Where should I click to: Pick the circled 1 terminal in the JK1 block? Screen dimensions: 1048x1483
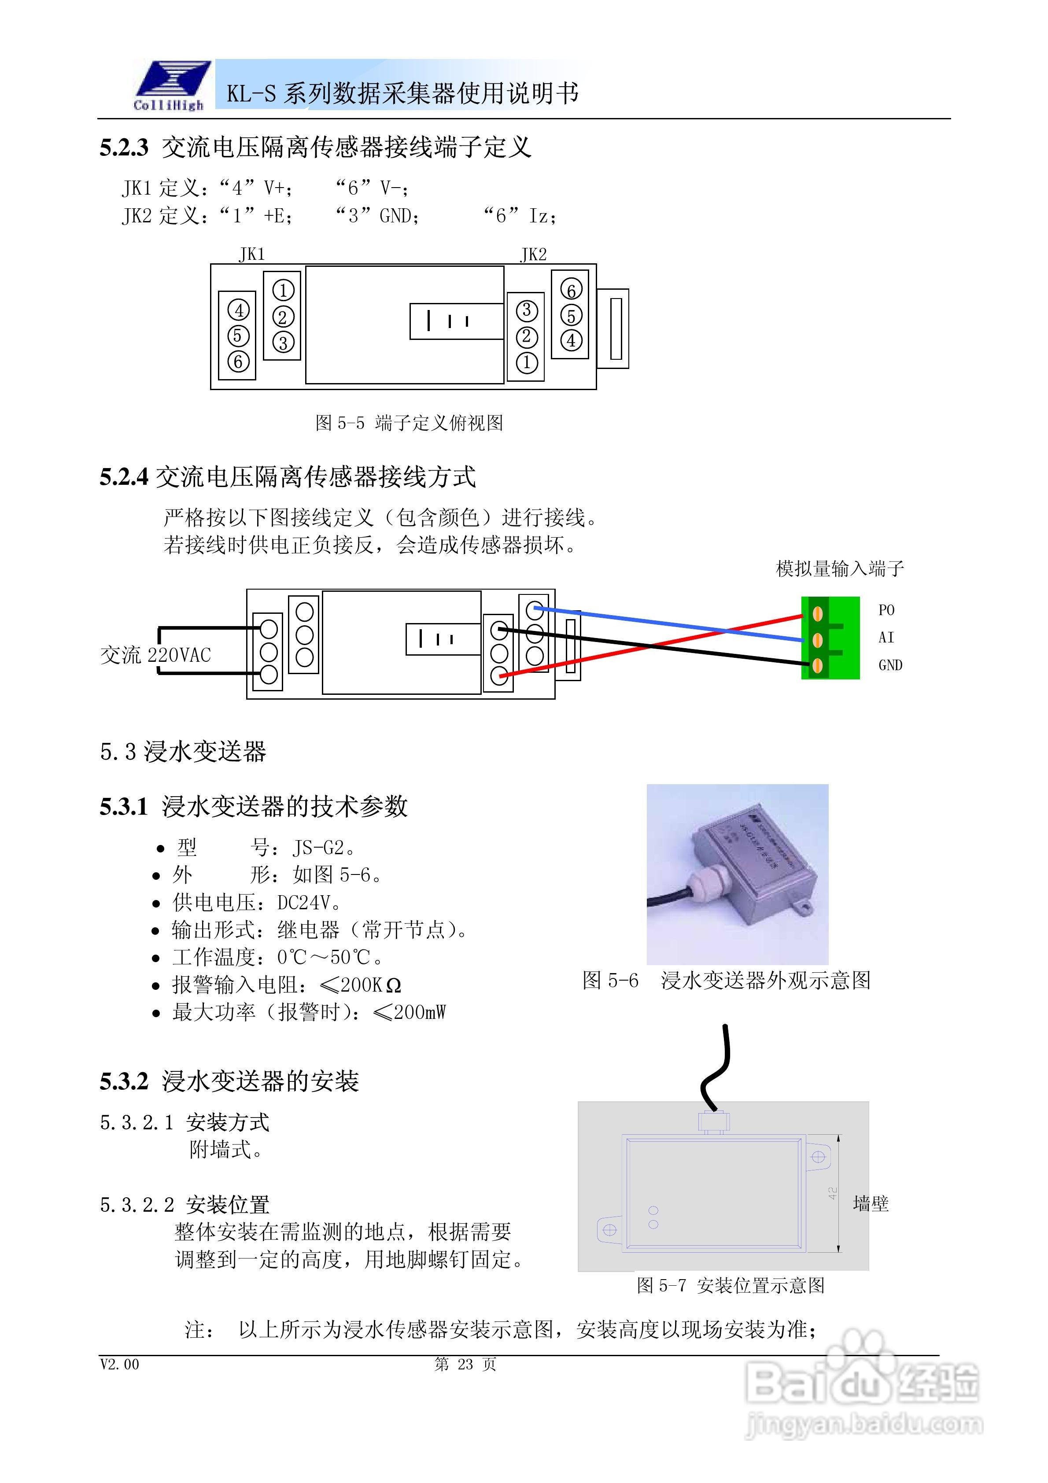pyautogui.click(x=283, y=291)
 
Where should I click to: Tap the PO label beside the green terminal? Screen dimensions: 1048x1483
pyautogui.click(x=886, y=610)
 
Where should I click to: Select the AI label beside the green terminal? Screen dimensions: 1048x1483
pyautogui.click(x=886, y=638)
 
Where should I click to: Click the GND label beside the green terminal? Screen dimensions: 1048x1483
pyautogui.click(x=890, y=665)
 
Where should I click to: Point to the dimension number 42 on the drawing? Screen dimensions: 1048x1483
pyautogui.click(x=833, y=1194)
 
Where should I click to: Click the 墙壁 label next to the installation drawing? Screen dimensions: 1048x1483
pyautogui.click(x=870, y=1204)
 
